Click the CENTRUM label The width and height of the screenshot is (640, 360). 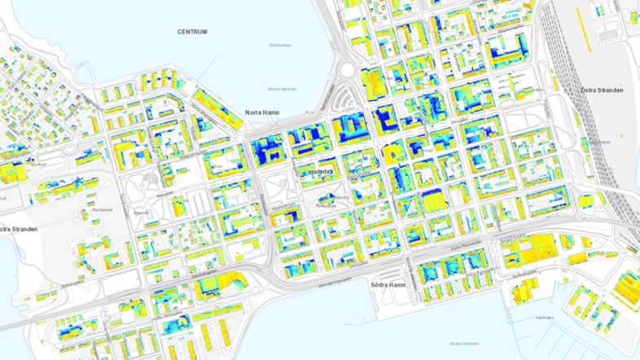point(192,32)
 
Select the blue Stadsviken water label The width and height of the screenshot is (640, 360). point(279,45)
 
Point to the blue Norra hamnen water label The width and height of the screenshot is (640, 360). point(283,89)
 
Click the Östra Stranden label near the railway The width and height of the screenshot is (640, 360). point(602,90)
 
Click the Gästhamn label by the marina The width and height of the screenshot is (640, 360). point(545,318)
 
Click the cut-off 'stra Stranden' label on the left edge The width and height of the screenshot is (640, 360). point(19,229)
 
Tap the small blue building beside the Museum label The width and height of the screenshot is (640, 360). point(155,213)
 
